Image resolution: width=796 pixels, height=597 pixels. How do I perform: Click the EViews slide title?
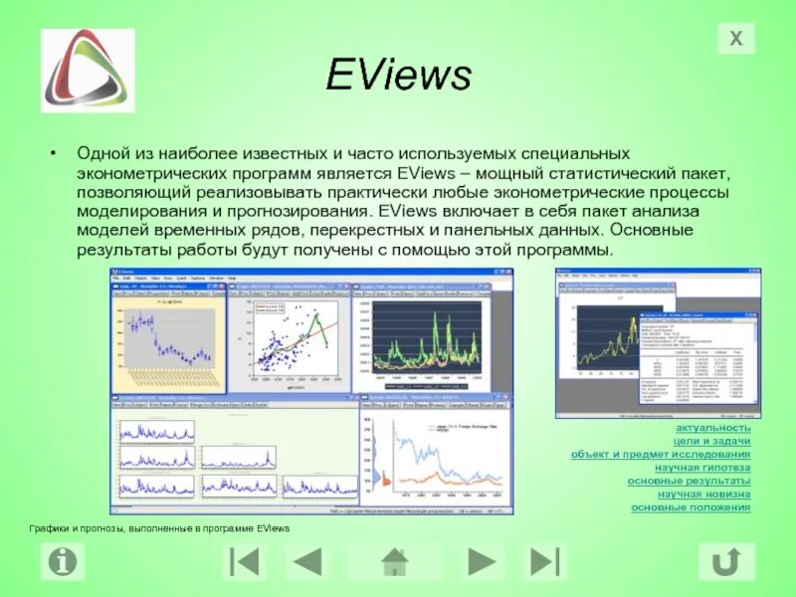[397, 76]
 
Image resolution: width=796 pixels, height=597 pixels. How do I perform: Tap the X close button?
[736, 39]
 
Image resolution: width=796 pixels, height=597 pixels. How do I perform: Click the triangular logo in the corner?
[88, 70]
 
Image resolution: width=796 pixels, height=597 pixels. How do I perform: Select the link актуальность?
[712, 427]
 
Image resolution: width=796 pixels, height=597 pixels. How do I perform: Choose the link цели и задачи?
[711, 441]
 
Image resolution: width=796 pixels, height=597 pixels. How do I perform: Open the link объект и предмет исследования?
[661, 454]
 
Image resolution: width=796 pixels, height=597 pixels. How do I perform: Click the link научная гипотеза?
[702, 467]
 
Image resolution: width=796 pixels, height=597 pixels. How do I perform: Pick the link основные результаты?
[689, 481]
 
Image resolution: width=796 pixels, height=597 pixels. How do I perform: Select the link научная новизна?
[703, 494]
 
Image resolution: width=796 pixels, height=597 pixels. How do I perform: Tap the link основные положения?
[691, 507]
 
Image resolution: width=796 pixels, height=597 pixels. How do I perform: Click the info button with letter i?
[62, 562]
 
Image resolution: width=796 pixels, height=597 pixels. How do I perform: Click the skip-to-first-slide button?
[244, 562]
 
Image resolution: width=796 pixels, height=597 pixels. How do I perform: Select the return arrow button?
[726, 562]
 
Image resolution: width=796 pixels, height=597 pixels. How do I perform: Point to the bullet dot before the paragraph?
[55, 155]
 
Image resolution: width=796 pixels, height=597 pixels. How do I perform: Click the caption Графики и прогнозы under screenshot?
[158, 528]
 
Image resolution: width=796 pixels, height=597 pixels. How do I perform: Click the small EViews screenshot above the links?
[658, 342]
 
